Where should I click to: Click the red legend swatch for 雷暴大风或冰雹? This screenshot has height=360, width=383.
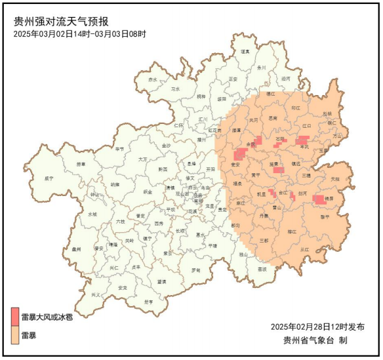[x=16, y=316]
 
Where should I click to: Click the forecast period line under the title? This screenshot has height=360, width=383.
[x=79, y=33]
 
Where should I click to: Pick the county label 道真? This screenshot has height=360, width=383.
[x=245, y=51]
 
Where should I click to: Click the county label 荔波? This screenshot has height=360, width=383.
[x=262, y=269]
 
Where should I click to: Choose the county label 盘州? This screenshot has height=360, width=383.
[x=76, y=250]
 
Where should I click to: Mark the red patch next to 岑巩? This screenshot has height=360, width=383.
[x=302, y=140]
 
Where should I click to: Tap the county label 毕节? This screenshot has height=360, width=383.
[x=119, y=149]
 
